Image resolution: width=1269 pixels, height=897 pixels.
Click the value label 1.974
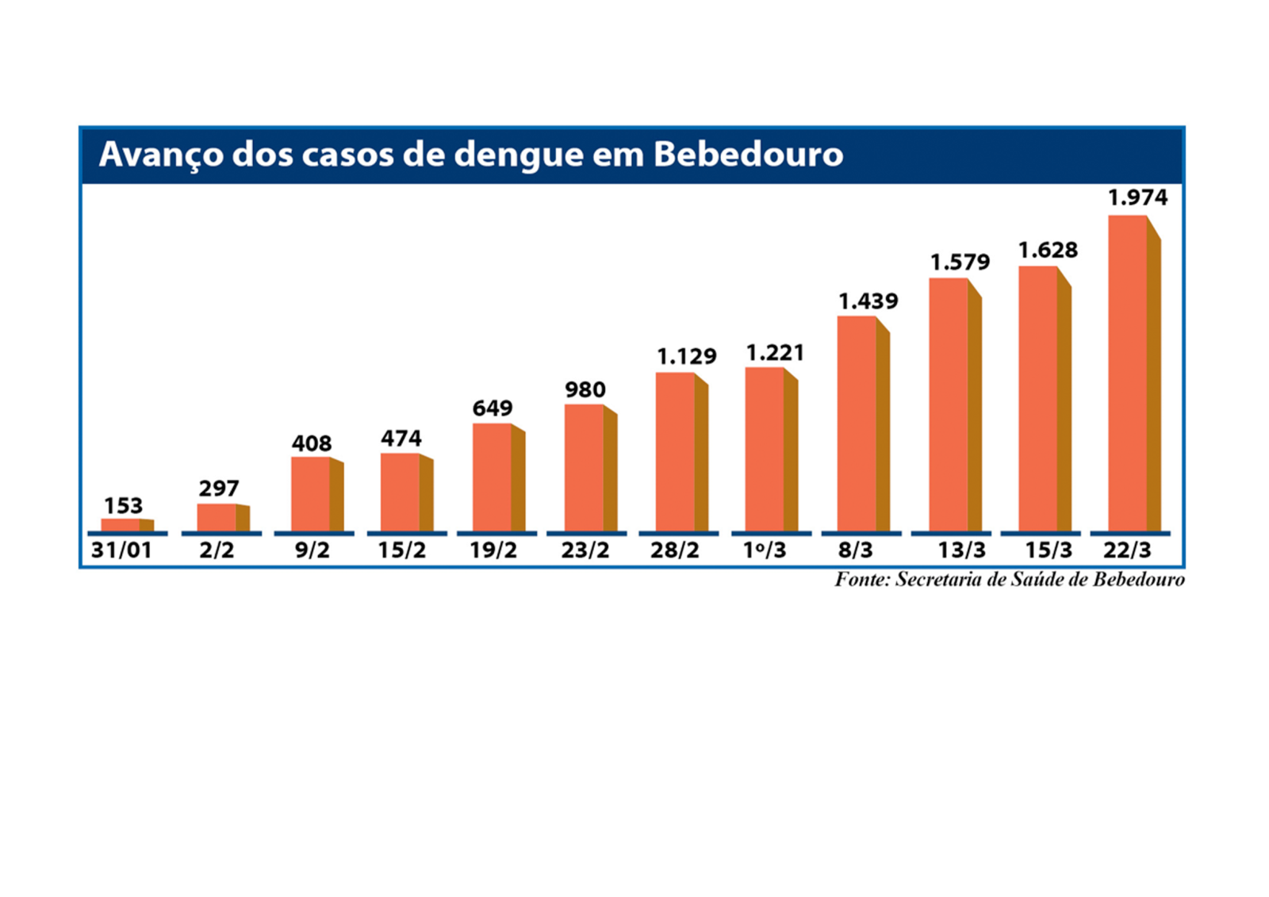tap(1137, 197)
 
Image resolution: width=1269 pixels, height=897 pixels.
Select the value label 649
tap(493, 408)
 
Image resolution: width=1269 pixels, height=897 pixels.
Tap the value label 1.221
tap(775, 353)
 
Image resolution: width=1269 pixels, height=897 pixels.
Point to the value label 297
tap(219, 489)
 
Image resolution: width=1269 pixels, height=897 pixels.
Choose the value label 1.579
tap(960, 263)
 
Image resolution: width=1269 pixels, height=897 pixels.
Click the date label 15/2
tap(401, 550)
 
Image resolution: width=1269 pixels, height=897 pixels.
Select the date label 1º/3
tap(765, 550)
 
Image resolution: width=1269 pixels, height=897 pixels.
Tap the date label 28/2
tap(675, 550)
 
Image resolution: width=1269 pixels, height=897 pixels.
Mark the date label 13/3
tap(961, 550)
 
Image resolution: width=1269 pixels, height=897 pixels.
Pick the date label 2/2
tap(217, 550)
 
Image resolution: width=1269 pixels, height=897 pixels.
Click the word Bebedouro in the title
tap(748, 154)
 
